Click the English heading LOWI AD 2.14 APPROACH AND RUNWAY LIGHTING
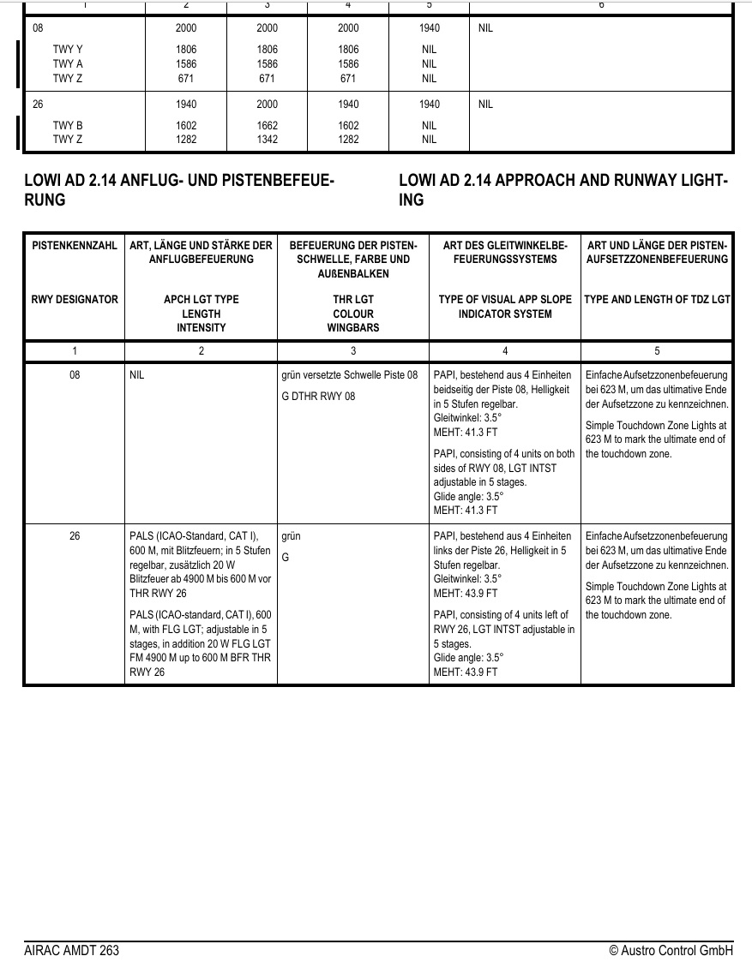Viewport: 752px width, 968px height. pos(563,190)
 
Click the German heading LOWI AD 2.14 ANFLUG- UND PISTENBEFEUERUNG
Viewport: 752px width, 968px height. pos(178,190)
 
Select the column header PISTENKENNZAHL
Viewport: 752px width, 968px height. pos(75,246)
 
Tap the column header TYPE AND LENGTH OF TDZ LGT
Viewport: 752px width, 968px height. pos(657,300)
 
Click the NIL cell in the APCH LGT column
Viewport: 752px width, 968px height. pos(137,375)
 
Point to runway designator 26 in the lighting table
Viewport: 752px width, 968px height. pos(75,536)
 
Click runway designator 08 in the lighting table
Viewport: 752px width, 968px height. pos(75,375)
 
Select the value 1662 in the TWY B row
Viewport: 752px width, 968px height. pos(267,125)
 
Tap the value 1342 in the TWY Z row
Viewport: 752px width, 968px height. pos(267,139)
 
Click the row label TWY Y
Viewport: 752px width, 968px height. pos(68,50)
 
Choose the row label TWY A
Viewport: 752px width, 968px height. pos(68,63)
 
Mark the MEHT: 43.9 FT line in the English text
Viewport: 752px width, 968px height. pos(465,672)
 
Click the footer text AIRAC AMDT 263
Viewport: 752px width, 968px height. pos(72,951)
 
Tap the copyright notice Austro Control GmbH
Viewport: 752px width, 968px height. pos(671,951)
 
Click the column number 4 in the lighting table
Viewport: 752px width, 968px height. pos(504,351)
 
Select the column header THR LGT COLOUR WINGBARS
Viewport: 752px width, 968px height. pos(352,313)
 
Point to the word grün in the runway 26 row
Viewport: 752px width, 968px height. pos(291,536)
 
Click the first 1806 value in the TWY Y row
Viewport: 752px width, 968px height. pos(185,50)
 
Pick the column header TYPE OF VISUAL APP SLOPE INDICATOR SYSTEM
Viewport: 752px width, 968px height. pos(504,307)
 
